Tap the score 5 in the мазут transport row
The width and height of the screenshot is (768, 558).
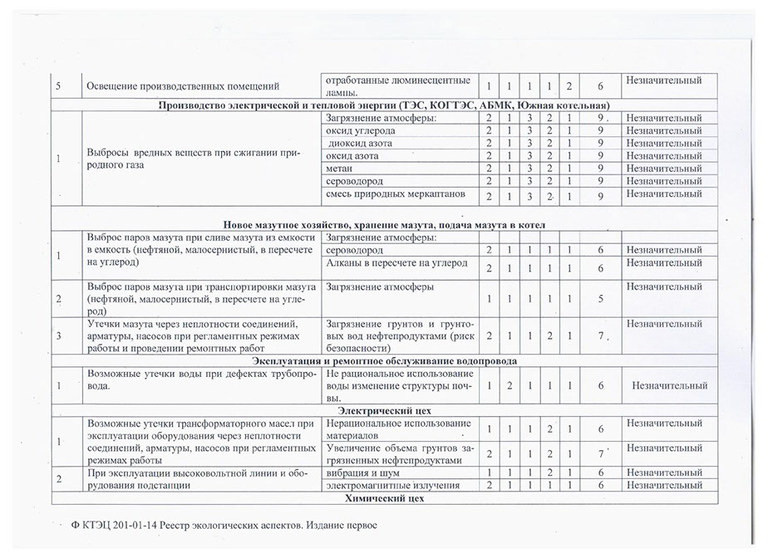pyautogui.click(x=600, y=299)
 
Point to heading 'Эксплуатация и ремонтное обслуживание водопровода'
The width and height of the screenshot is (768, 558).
pyautogui.click(x=385, y=361)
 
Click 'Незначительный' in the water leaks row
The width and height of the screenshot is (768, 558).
pyautogui.click(x=670, y=385)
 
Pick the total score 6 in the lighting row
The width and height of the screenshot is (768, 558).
pyautogui.click(x=600, y=87)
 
